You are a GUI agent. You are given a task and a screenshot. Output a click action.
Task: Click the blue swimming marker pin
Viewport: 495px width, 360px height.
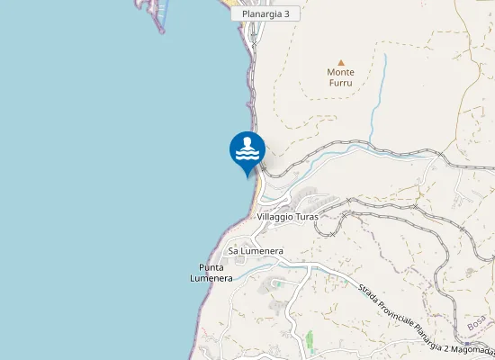(x=247, y=151)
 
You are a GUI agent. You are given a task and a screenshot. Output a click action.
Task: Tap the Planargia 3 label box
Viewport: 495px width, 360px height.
(x=265, y=14)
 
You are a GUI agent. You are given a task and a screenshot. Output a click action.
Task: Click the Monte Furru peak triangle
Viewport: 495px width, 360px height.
(x=341, y=62)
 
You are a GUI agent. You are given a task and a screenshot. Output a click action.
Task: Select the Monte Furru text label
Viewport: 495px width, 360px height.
(x=341, y=76)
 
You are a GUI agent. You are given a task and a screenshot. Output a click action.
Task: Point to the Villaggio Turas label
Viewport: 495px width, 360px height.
(x=288, y=217)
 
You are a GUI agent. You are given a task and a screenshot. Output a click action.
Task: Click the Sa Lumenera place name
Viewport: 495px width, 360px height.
(x=256, y=250)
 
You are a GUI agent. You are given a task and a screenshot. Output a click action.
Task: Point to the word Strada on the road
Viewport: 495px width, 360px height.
(x=366, y=293)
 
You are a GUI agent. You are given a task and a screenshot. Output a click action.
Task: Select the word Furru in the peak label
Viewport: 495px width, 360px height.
(x=341, y=82)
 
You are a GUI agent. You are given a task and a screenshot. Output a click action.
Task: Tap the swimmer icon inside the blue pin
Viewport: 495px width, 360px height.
(x=247, y=147)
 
